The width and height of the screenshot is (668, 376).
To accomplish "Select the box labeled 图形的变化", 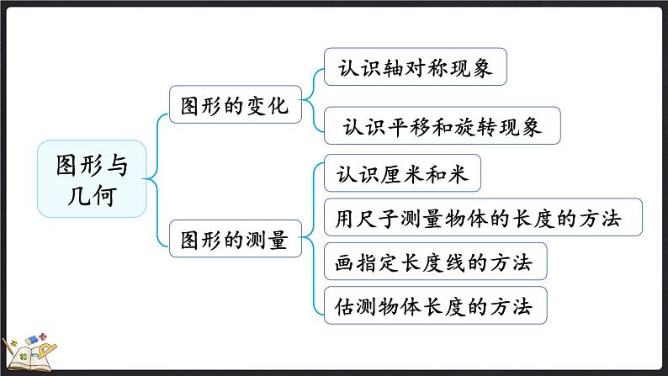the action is coord(235,105).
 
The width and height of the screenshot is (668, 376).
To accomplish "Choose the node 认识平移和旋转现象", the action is coord(442,126).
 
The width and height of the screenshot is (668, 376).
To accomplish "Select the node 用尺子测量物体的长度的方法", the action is coord(483,219).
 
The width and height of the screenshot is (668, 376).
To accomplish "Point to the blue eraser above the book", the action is coord(31,339).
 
